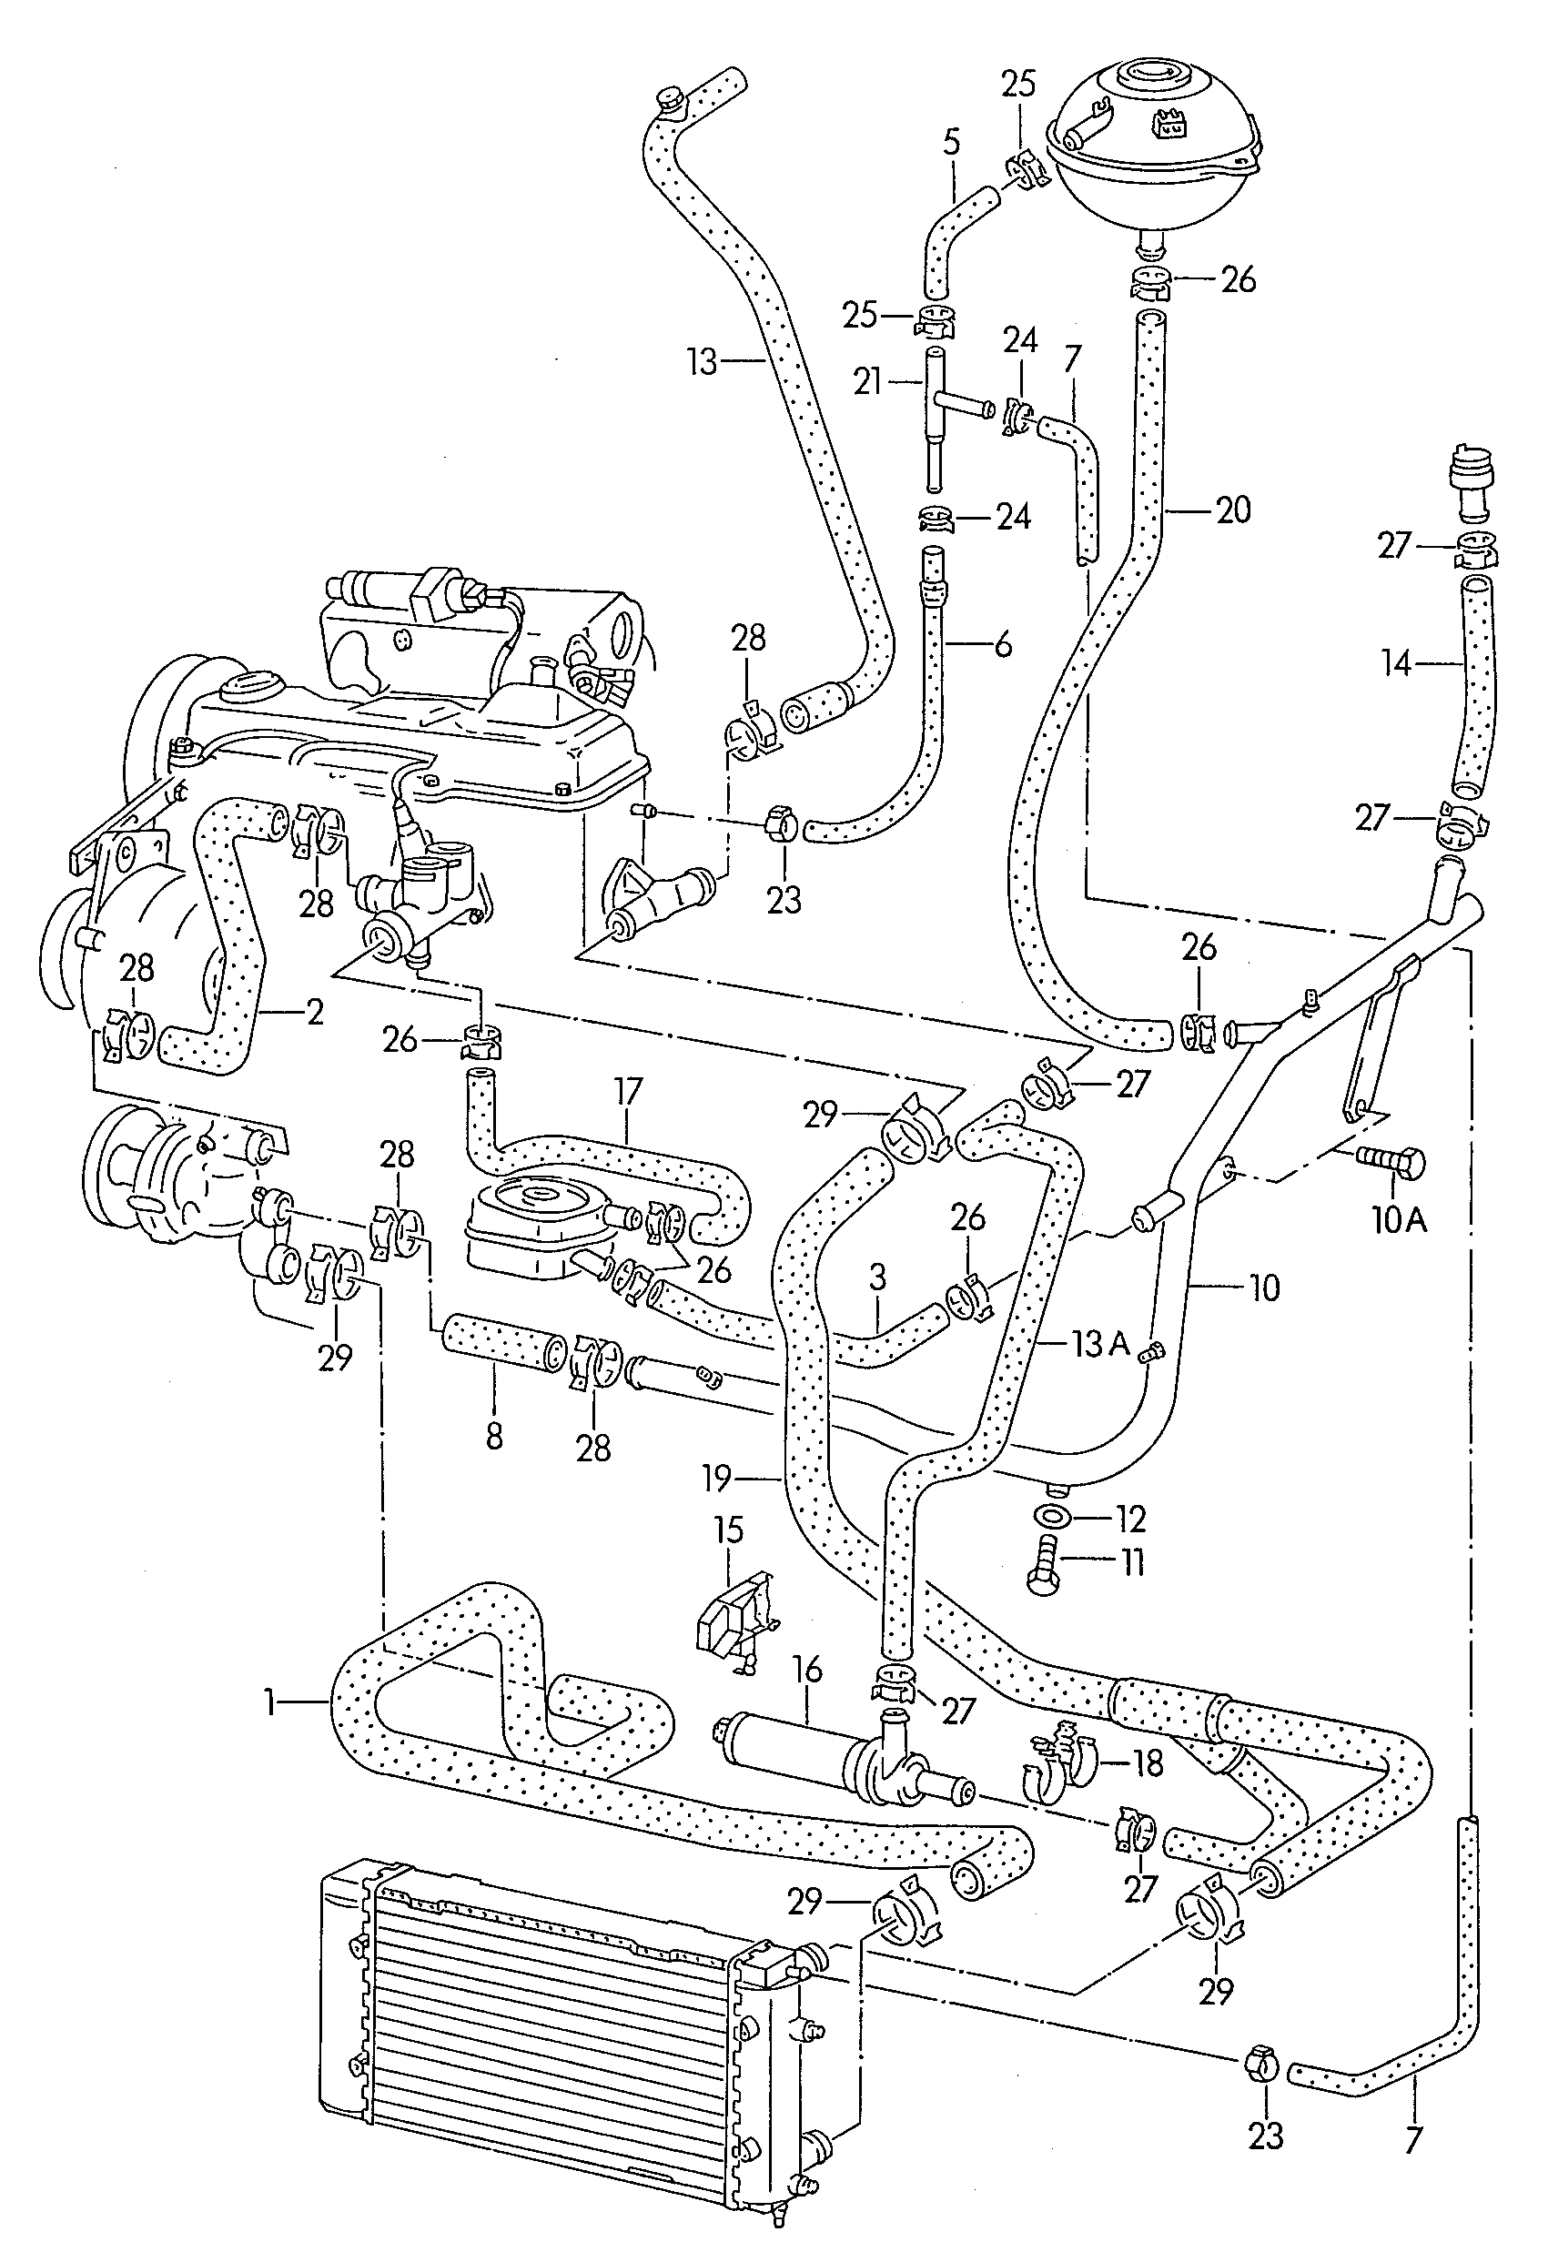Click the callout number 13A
[1101, 1344]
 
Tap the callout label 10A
[1399, 1220]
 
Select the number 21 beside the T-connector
[869, 382]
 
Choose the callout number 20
[1233, 510]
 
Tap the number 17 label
[629, 1092]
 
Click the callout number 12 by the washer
[1131, 1519]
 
